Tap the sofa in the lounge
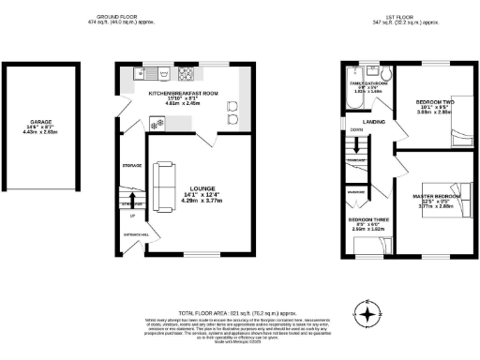(161, 177)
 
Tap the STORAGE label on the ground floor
(131, 166)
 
